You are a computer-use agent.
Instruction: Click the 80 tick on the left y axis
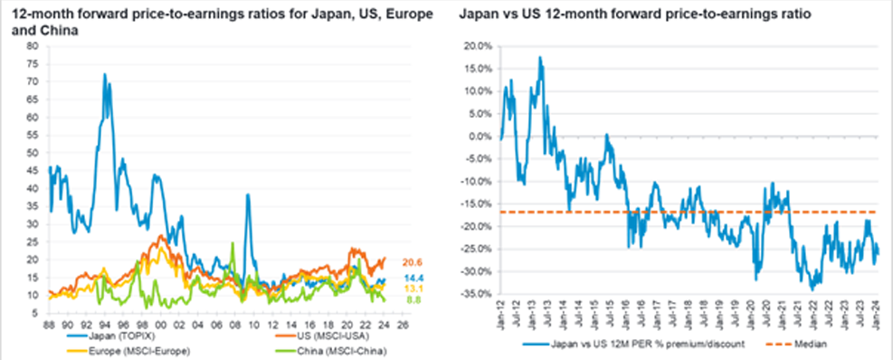click(33, 45)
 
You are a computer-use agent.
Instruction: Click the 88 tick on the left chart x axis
click(50, 320)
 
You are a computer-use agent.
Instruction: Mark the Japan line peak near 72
click(105, 74)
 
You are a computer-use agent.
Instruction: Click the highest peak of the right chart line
click(540, 57)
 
